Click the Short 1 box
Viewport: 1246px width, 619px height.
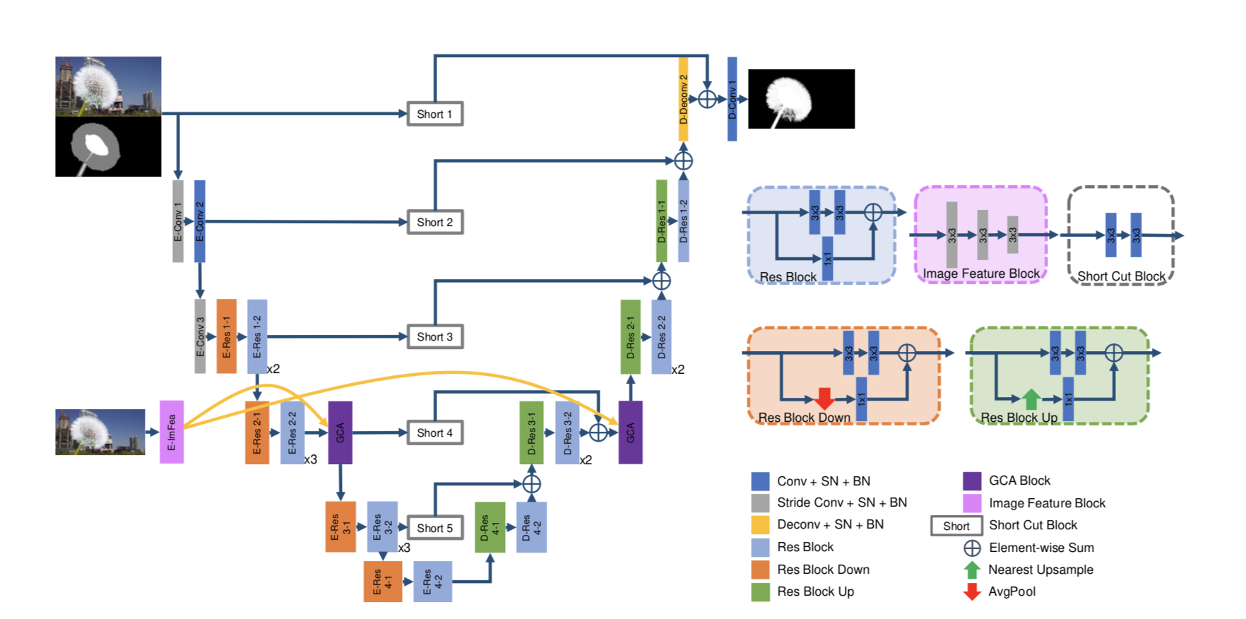coord(434,114)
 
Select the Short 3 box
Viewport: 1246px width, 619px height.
coord(434,336)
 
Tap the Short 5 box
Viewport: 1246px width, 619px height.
coord(434,528)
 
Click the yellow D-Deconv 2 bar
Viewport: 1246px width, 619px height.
coord(683,99)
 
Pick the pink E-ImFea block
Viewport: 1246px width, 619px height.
coord(172,432)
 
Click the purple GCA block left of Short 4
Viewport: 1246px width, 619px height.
coord(340,432)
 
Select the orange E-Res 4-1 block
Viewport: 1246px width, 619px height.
coord(382,581)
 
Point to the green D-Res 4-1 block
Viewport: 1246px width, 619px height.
coord(490,527)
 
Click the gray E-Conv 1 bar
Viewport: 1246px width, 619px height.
coord(178,221)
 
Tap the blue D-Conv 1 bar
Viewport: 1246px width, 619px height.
coord(732,99)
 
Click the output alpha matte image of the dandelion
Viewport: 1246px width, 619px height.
coord(801,99)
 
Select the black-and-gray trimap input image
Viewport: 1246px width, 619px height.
coord(108,147)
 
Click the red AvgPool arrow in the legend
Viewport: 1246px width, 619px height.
coord(972,591)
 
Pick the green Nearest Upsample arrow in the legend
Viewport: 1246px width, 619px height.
coord(972,570)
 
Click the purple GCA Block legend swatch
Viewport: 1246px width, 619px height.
coord(972,481)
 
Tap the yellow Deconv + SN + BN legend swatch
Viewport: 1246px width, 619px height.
coord(760,524)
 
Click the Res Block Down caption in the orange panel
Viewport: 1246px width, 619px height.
coord(804,418)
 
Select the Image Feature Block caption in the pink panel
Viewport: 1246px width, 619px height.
coord(981,273)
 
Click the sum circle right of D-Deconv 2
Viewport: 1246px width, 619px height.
coord(707,99)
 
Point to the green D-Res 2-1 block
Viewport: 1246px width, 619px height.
coord(630,336)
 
